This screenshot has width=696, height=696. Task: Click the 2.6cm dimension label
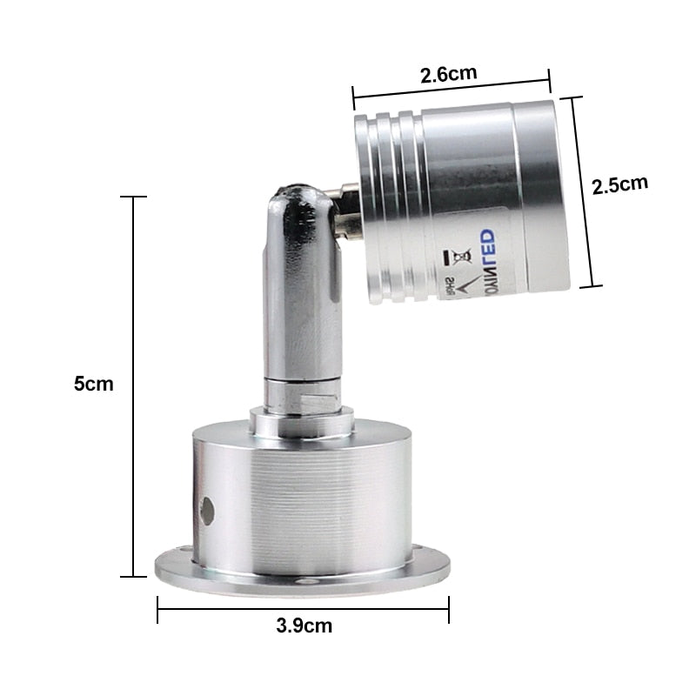[x=449, y=74]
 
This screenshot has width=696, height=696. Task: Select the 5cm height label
[x=94, y=384]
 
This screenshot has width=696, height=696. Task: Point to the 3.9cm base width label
[x=304, y=625]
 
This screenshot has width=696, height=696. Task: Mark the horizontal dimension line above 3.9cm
[x=304, y=609]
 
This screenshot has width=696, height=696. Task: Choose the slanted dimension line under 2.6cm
[x=452, y=89]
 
